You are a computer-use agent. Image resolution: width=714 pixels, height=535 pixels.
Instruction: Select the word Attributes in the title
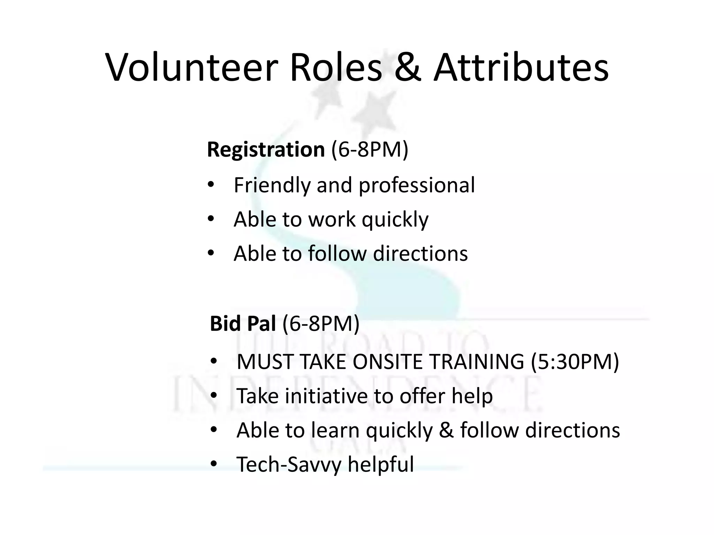click(521, 68)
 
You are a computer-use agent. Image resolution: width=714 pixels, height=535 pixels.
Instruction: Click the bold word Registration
click(266, 150)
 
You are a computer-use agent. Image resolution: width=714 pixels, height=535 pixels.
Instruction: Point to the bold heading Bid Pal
click(243, 324)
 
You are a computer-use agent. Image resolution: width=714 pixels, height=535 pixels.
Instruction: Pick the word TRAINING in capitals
click(476, 362)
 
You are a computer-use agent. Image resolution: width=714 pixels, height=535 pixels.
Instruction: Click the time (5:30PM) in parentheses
click(575, 362)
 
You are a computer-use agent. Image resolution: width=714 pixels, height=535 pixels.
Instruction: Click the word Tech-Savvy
click(288, 465)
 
